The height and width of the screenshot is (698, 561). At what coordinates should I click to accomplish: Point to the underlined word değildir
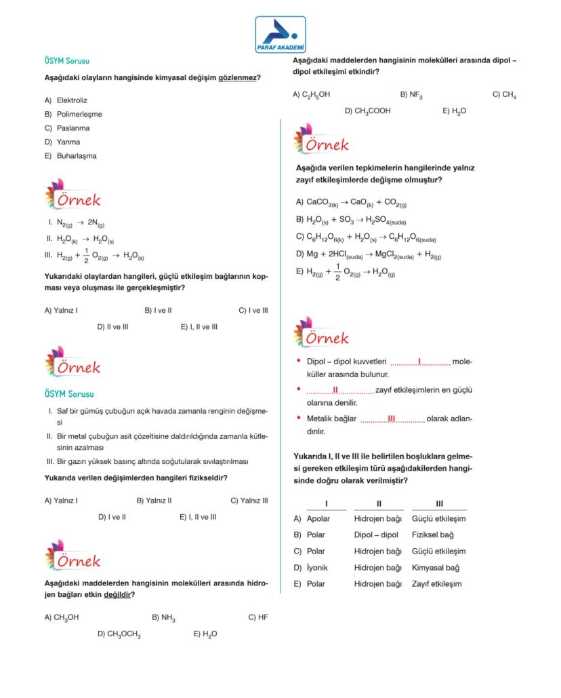[116, 595]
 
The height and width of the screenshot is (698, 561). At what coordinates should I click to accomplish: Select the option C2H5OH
[316, 95]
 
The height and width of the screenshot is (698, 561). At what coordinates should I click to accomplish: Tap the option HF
[263, 617]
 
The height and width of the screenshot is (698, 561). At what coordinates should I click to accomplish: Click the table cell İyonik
[317, 568]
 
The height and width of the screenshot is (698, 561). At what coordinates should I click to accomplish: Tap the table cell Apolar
[318, 519]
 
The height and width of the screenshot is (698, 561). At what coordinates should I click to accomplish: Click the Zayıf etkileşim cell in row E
[436, 584]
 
